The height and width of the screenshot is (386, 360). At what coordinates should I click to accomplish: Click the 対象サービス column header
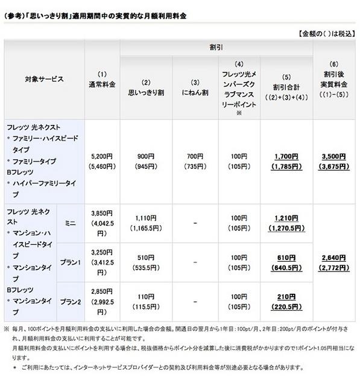44,79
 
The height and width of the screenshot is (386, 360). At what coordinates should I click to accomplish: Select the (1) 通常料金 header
102,79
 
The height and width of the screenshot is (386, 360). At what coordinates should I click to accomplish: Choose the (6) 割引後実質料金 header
334,79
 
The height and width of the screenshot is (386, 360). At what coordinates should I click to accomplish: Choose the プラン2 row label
71,302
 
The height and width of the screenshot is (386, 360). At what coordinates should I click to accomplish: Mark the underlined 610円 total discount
286,258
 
